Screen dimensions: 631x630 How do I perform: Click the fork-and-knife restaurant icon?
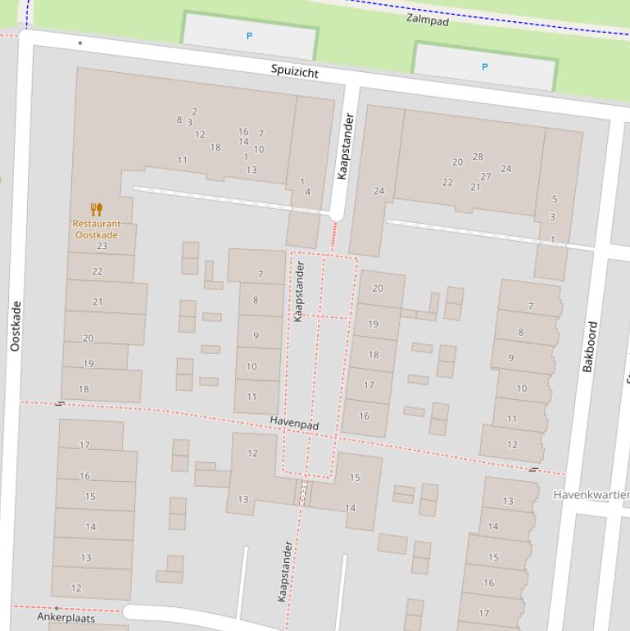click(97, 210)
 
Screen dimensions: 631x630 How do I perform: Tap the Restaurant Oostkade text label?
click(96, 229)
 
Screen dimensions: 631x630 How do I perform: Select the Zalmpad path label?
click(427, 18)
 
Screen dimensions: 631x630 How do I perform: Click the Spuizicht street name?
click(295, 71)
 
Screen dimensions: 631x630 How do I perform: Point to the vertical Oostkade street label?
click(16, 326)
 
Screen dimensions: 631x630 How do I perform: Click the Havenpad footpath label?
click(294, 424)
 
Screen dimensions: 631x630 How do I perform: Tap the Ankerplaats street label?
click(66, 617)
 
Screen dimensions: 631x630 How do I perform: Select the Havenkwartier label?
click(591, 495)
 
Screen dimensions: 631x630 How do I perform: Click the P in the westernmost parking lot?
click(250, 36)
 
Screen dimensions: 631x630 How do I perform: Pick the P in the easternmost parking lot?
click(484, 67)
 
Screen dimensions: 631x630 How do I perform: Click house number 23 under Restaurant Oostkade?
click(102, 246)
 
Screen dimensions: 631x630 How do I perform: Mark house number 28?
click(478, 157)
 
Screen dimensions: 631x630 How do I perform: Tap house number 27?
click(486, 176)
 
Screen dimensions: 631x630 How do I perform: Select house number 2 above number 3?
click(194, 111)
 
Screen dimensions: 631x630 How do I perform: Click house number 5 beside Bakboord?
click(555, 199)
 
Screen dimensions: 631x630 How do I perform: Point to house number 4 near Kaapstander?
click(308, 192)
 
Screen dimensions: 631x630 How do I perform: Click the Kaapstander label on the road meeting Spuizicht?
click(344, 146)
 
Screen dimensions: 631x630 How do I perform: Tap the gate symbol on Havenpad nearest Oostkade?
click(60, 404)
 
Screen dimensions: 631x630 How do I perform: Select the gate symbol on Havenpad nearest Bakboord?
click(533, 470)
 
